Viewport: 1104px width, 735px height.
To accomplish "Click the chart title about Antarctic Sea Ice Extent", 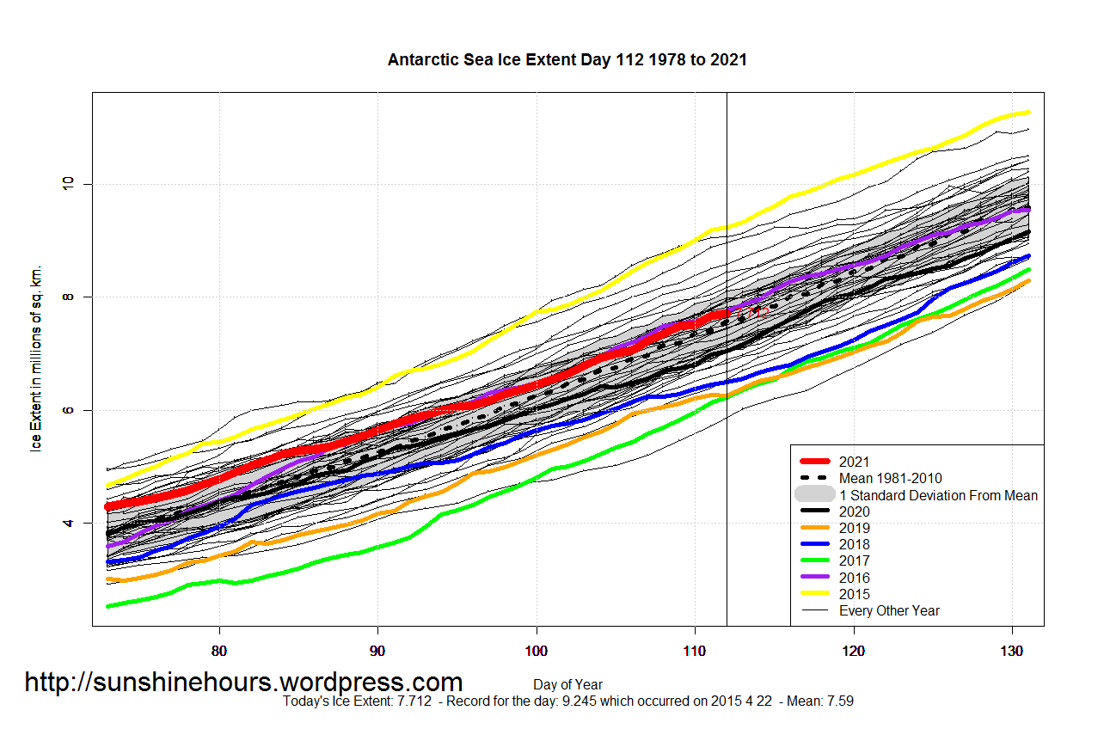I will click(567, 60).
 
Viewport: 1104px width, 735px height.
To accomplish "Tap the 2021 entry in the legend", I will click(855, 462).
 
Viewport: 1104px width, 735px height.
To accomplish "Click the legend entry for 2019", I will click(855, 529).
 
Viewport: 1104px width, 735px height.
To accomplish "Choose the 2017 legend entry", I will click(855, 561).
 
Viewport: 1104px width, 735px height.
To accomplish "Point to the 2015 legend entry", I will click(855, 594).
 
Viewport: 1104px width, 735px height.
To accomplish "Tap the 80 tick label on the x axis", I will click(219, 650).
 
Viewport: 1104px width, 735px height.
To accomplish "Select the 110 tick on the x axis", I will click(695, 650).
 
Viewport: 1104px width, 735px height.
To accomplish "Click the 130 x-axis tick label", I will click(1012, 650).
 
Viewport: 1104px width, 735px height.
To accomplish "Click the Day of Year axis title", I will click(567, 685).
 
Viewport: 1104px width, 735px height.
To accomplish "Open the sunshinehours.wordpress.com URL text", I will click(243, 683).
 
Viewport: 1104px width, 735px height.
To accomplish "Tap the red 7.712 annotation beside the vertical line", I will click(751, 312).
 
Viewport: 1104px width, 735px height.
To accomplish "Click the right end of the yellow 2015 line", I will click(1027, 113).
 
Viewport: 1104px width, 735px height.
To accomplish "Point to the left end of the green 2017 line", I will click(108, 606).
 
